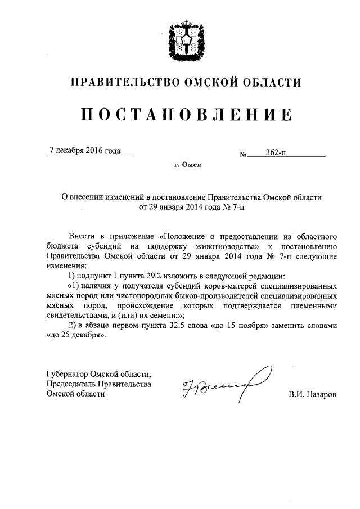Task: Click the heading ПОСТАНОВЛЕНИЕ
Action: pyautogui.click(x=185, y=115)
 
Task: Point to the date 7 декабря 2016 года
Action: pyautogui.click(x=85, y=150)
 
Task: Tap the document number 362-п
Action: pyautogui.click(x=277, y=152)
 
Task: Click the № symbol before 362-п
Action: pyautogui.click(x=244, y=154)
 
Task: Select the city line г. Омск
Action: pyautogui.click(x=187, y=165)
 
